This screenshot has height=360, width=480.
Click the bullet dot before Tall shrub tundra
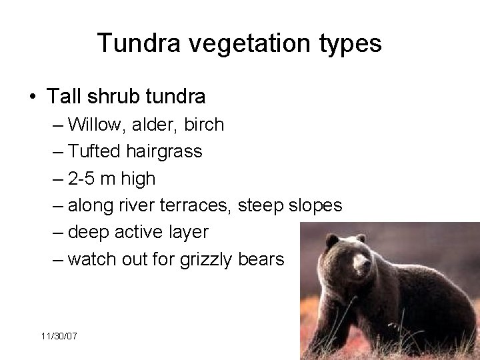pyautogui.click(x=33, y=97)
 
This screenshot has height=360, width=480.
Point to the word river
pyautogui.click(x=143, y=205)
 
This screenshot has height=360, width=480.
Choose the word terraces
pyautogui.click(x=200, y=206)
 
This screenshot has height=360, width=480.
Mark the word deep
pyautogui.click(x=88, y=233)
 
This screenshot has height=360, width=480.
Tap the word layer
pyautogui.click(x=189, y=232)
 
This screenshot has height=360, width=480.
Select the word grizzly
pyautogui.click(x=204, y=259)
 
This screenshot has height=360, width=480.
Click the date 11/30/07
pyautogui.click(x=59, y=337)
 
